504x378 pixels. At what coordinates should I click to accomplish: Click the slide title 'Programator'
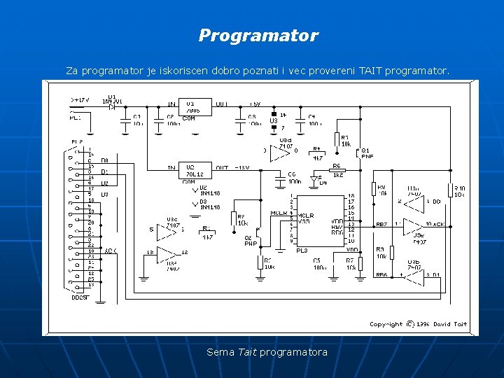click(x=258, y=36)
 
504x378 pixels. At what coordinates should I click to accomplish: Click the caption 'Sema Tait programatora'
click(x=267, y=352)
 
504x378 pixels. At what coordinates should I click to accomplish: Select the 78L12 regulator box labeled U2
click(x=196, y=171)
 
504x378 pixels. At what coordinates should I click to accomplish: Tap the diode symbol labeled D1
click(x=112, y=106)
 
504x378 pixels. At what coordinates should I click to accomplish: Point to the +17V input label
click(x=80, y=100)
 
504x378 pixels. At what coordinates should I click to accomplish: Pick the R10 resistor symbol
click(x=451, y=190)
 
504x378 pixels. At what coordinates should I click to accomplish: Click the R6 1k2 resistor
click(x=337, y=170)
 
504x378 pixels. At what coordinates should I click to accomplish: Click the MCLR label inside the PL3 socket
click(x=307, y=215)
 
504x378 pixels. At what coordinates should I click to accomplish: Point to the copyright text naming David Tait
click(x=419, y=324)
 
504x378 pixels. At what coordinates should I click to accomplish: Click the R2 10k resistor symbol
click(x=234, y=219)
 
